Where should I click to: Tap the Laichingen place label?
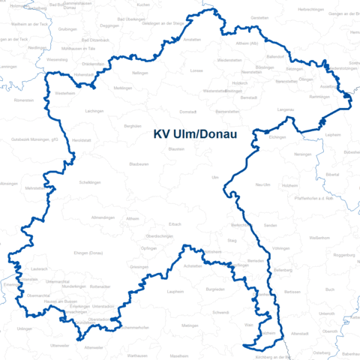click(x=94, y=111)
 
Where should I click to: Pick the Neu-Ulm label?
click(x=262, y=184)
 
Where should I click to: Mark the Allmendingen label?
click(x=102, y=217)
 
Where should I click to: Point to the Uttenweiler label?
click(x=59, y=345)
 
